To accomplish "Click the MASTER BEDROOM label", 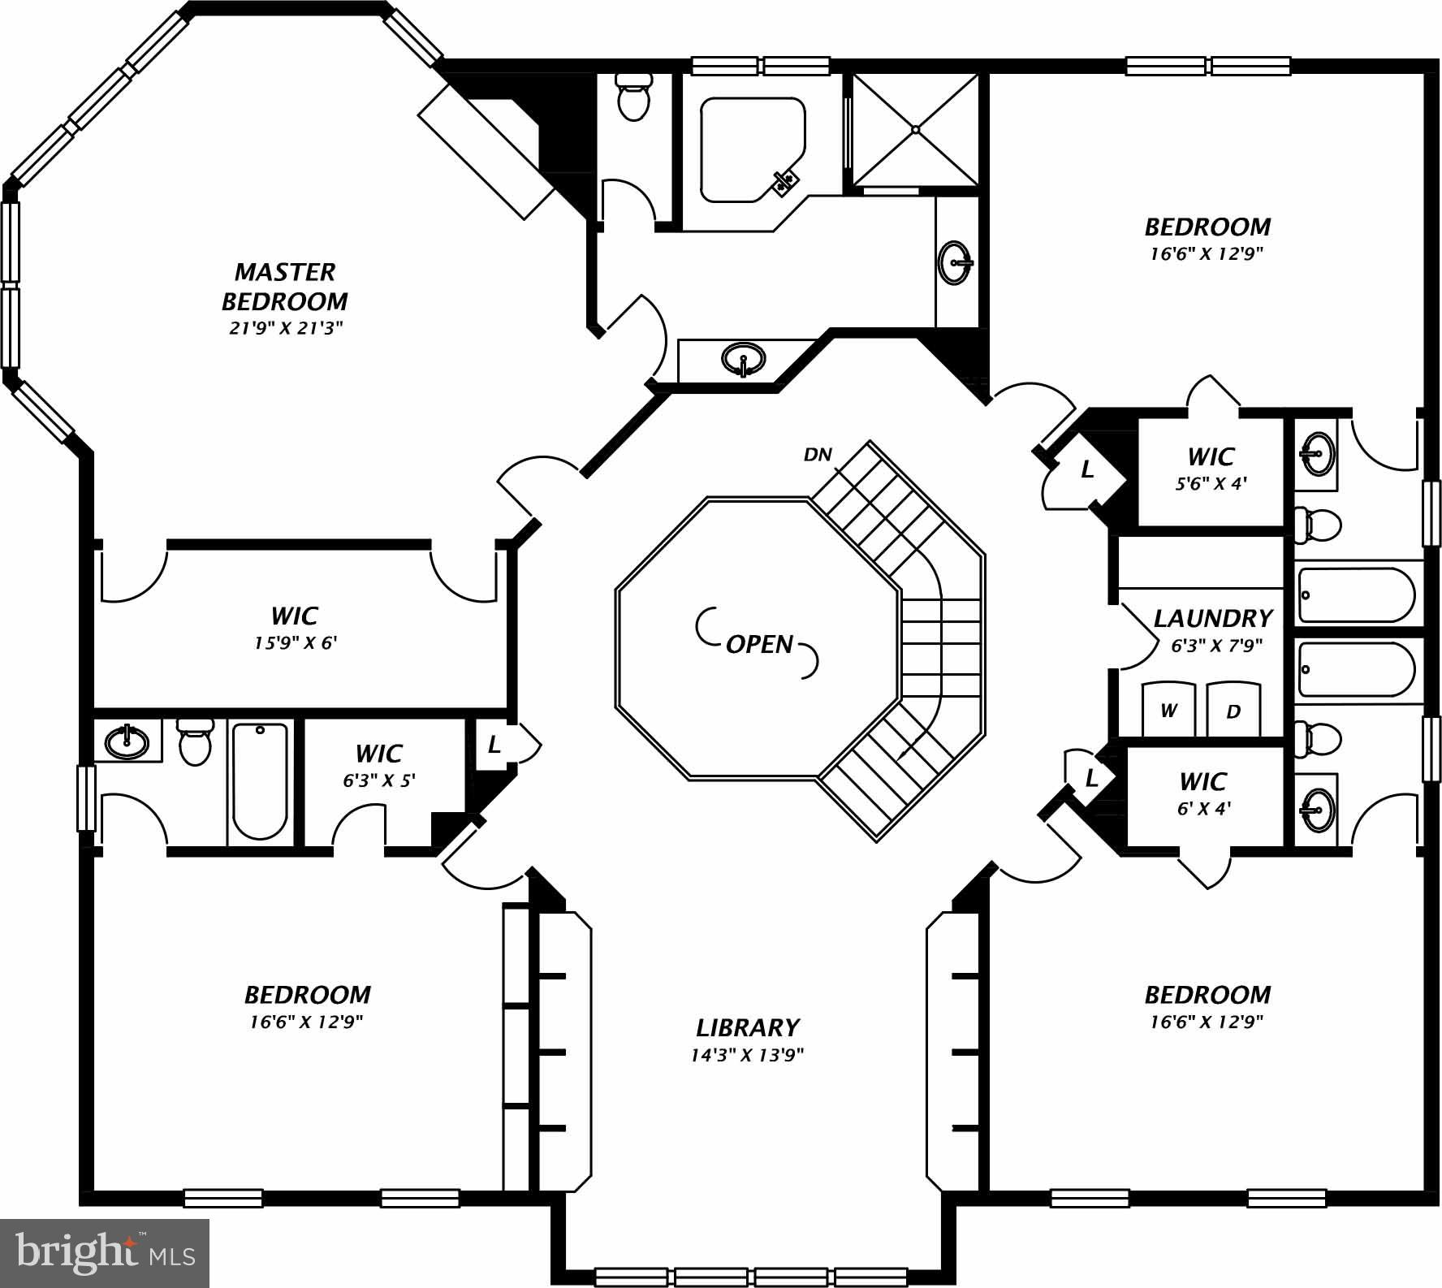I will coord(285,286).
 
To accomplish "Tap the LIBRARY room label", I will coord(747,1027).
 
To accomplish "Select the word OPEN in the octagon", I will coord(759,644).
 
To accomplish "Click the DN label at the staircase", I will coord(818,455).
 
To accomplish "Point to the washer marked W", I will coord(1168,711).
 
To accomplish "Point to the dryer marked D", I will coord(1233,712).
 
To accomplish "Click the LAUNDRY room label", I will coord(1212,619).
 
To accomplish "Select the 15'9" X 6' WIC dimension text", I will coord(295,643).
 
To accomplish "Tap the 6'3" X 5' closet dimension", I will coord(379,780).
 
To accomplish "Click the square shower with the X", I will coord(915,129).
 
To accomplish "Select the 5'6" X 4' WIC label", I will coord(1211,483).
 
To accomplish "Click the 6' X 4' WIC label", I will coord(1204,808).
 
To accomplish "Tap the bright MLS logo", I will coord(105,1252).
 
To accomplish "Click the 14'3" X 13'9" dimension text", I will coord(747,1055).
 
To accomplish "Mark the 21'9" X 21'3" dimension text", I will coord(285,328).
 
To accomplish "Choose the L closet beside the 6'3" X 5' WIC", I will coord(494,745).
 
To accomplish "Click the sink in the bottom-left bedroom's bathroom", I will coord(127,740).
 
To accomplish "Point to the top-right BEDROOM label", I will coord(1207,227).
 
